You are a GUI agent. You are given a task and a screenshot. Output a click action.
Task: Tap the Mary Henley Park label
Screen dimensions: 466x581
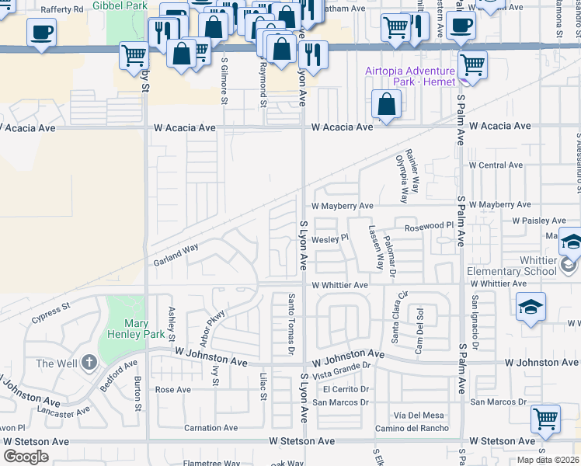coord(125,329)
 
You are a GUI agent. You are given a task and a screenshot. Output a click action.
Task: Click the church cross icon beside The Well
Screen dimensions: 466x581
coord(89,363)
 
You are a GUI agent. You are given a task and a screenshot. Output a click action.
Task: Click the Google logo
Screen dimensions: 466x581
coord(26,456)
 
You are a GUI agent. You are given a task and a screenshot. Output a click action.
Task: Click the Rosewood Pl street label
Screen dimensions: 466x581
coord(429,228)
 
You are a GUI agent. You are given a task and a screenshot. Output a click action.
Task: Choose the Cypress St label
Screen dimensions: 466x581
coord(50,318)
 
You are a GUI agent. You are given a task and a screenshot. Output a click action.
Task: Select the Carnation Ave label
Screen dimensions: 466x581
coord(210,428)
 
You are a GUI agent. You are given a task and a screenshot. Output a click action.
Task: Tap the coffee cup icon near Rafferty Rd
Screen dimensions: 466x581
coord(41,32)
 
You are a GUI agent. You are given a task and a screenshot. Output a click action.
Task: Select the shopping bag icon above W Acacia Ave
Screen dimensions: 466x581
coord(386,103)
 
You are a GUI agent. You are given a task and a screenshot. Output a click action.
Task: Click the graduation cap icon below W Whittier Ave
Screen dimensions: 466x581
coord(531,305)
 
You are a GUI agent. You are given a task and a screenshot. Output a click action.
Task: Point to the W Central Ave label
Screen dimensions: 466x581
coord(495,165)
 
